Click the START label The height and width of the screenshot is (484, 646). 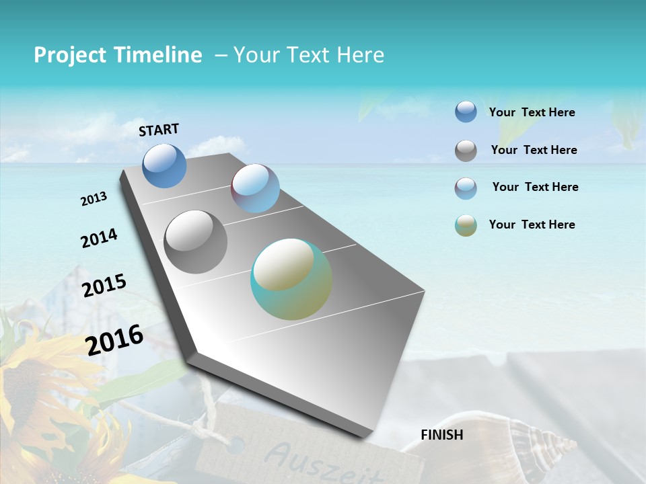(159, 130)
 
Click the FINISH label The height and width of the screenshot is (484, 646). (441, 435)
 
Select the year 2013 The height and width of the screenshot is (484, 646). (94, 199)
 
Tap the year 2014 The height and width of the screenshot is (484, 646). (99, 239)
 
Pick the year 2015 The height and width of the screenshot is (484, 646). (104, 286)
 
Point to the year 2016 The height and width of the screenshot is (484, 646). (114, 339)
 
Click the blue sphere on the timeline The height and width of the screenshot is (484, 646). (164, 165)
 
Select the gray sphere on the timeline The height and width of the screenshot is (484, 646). (196, 242)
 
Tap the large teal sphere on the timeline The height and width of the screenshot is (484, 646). (291, 279)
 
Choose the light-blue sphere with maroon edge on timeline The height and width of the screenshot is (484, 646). (255, 188)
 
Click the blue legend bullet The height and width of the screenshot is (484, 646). (466, 112)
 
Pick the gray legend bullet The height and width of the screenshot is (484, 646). (466, 151)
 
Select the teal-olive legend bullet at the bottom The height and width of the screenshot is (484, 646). (466, 225)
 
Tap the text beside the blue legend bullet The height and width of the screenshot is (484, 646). (532, 112)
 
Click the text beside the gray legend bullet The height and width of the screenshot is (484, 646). (534, 150)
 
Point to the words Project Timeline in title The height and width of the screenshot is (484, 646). (118, 55)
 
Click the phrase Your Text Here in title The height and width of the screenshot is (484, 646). (309, 55)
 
